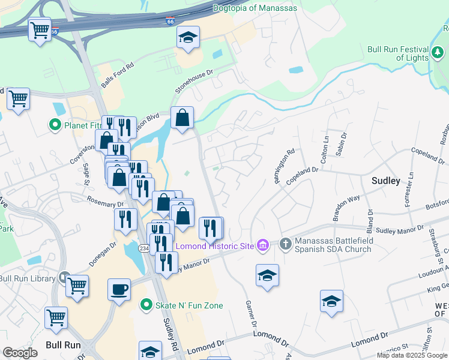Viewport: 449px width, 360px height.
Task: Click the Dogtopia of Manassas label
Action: pos(259,8)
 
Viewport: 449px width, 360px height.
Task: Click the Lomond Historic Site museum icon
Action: pos(262,245)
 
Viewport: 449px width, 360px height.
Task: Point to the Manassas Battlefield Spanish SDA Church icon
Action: pos(286,245)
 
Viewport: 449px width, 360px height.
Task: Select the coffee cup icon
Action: pos(119,291)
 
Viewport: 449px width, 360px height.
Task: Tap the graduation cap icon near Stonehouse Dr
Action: pos(188,38)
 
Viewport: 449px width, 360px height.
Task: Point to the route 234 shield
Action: pos(144,248)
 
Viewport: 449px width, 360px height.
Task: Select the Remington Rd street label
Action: pos(284,167)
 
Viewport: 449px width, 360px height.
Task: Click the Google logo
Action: pos(20,353)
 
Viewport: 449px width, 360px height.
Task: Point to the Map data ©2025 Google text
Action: pos(412,355)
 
